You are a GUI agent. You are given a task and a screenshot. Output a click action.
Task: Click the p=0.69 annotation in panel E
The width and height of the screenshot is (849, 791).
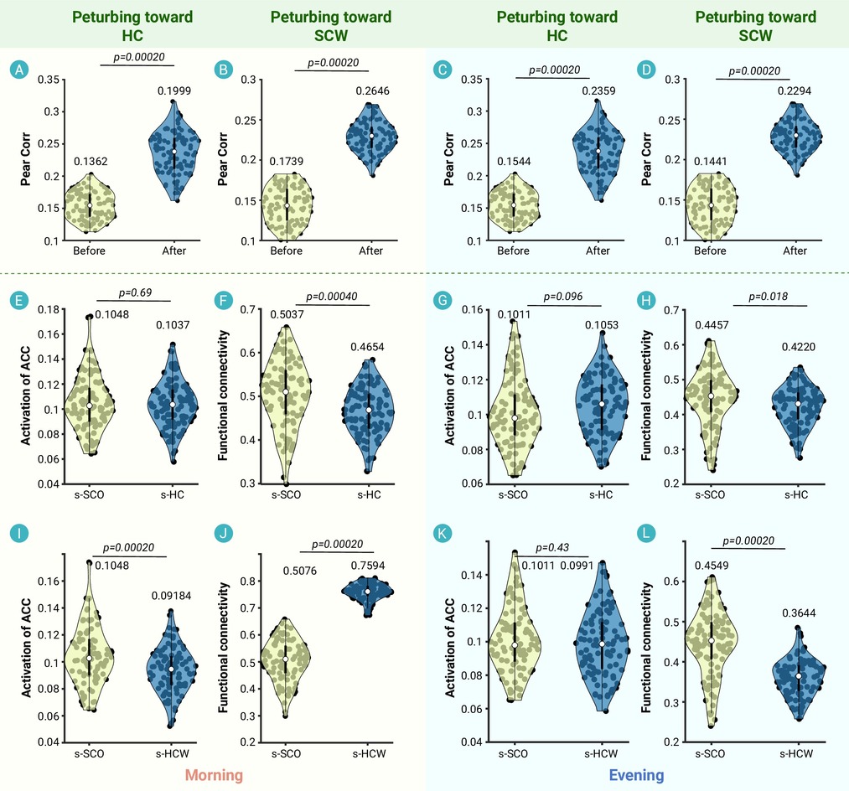134,293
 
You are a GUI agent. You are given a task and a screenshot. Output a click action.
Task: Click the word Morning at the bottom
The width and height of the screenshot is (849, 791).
215,775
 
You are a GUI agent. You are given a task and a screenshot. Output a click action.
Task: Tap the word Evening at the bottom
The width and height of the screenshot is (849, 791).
637,775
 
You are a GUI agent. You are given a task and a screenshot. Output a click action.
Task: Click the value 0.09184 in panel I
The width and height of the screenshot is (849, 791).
171,596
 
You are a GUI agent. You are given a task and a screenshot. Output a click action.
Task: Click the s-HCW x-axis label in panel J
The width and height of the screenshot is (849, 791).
369,755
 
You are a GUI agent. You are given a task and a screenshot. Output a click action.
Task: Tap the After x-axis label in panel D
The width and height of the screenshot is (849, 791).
795,251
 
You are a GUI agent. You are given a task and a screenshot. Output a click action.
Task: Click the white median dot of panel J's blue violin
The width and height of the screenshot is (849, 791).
366,592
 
